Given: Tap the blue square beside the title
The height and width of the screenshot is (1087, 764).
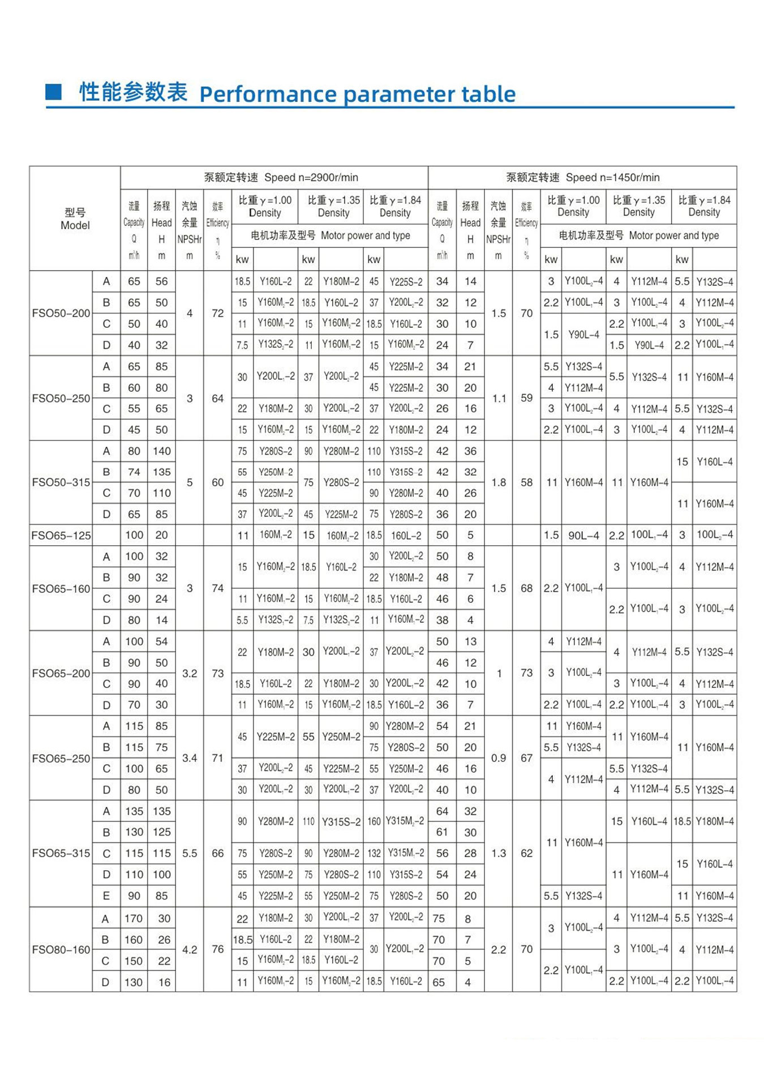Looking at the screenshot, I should tap(53, 91).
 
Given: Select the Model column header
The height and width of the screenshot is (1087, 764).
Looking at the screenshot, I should tap(75, 219).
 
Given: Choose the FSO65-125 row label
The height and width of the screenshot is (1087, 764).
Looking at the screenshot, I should tap(61, 535).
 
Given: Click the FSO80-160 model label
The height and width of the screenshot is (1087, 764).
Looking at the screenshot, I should tap(61, 949).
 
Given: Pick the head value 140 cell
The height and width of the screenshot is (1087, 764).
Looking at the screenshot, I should tap(161, 451).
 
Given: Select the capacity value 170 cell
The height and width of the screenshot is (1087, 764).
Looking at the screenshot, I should tap(134, 918).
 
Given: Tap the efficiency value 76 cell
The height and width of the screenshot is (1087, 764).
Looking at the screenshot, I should tap(217, 949).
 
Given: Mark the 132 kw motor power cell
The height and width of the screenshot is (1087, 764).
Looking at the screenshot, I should tap(374, 853).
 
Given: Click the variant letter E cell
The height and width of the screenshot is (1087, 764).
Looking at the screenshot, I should tap(106, 896).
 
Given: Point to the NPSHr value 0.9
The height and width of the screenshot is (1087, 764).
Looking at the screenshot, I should tap(498, 758).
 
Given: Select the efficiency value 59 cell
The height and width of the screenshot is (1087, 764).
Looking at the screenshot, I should tap(526, 398).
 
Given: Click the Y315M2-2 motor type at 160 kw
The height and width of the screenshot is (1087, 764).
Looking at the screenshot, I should tap(405, 821).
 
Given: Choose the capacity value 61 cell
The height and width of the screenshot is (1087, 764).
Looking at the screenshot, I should tap(442, 832).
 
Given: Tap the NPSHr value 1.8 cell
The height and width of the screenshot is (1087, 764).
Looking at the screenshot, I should tap(498, 482).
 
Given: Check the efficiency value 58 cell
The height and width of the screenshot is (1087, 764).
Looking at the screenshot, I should tap(526, 482).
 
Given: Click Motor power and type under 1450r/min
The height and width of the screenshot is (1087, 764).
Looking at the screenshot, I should tap(638, 236).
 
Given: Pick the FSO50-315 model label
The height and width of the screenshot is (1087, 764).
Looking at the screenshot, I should tap(61, 482).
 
